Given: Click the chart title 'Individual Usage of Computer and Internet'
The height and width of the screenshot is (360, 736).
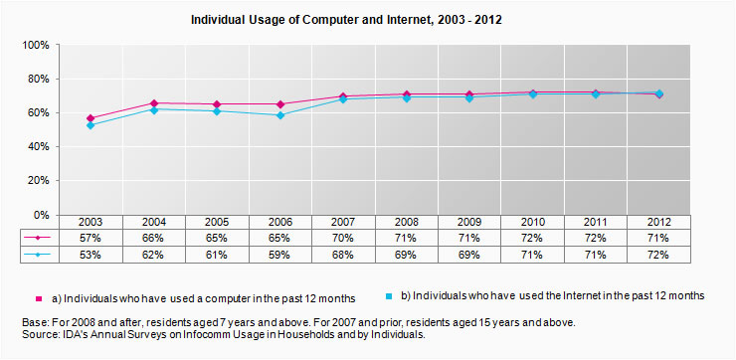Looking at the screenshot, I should tap(367, 19).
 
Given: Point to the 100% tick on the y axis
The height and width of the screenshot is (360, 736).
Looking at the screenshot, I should tap(35, 46).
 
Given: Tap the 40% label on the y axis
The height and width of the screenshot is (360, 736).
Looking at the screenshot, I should tap(37, 147).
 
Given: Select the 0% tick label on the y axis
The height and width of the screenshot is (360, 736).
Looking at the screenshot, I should tap(41, 215).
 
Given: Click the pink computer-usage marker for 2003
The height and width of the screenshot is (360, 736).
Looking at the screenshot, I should tap(91, 118).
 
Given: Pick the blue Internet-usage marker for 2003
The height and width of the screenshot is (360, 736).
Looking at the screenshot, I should tap(91, 125).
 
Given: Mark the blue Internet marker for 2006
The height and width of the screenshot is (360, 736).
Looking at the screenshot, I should tap(280, 115).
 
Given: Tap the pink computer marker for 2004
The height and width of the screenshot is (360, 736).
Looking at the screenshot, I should tap(154, 103).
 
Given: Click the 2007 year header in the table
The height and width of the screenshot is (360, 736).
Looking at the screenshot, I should tap(343, 222).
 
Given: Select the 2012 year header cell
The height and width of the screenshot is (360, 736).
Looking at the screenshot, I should tap(658, 222).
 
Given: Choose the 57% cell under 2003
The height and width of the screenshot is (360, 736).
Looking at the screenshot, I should tap(91, 239).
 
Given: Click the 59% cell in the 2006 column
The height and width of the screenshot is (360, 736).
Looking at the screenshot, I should tap(280, 256).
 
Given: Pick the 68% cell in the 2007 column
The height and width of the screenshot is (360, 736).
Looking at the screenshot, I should tap(343, 256).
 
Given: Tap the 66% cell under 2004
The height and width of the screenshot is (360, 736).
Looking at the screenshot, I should tap(154, 239).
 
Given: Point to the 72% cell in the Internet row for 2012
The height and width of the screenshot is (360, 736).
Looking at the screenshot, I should tap(658, 256).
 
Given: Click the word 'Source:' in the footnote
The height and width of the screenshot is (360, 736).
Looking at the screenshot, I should tap(43, 336).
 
